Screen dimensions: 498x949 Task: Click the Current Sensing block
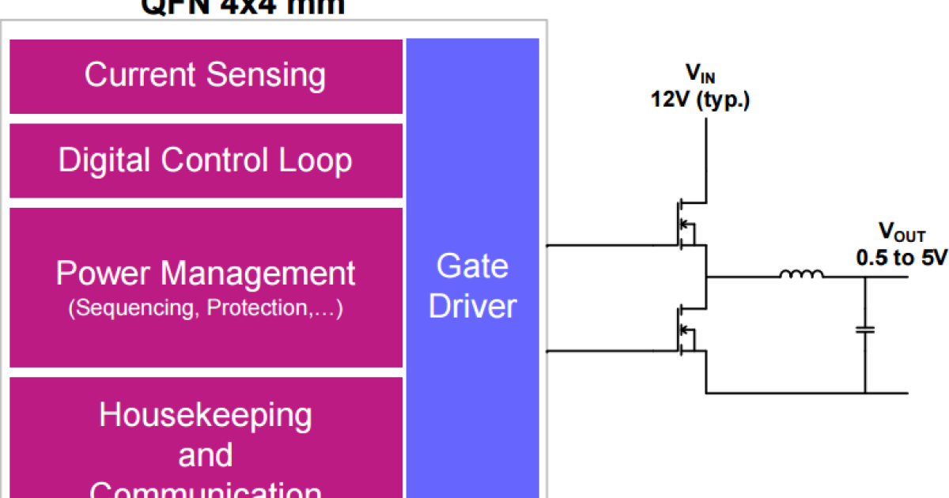[206, 76]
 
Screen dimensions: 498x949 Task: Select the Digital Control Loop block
[206, 160]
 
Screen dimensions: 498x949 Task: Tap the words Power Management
[206, 274]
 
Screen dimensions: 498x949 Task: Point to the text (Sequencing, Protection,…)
[206, 307]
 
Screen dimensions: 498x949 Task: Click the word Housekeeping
[206, 414]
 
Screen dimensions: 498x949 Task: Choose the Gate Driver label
[472, 286]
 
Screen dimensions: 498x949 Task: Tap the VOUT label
[902, 232]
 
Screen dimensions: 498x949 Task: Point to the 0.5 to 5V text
[902, 257]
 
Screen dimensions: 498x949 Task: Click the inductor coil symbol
[800, 275]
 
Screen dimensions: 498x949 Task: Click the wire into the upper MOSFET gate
[609, 246]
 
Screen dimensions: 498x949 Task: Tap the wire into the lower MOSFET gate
[609, 350]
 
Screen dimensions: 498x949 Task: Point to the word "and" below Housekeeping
[206, 455]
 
